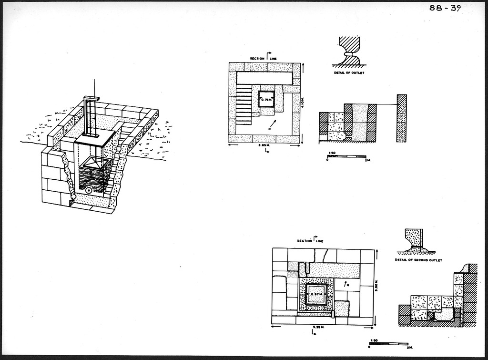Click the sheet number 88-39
(445, 9)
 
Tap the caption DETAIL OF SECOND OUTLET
(418, 260)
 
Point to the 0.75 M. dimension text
(266, 100)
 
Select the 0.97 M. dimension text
(316, 294)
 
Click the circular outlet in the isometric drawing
(89, 190)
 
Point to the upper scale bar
(346, 156)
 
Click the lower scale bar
(388, 343)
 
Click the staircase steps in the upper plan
(244, 103)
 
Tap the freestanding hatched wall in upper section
(401, 118)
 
